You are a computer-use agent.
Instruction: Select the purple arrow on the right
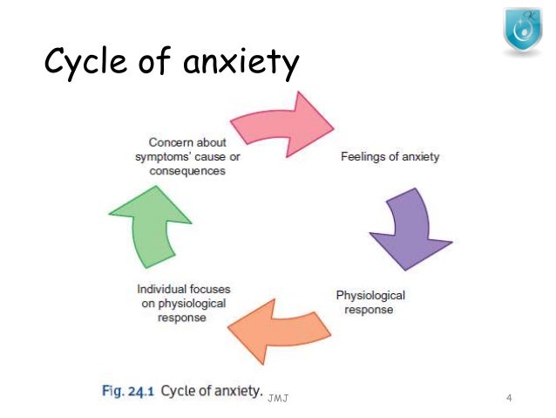[x=406, y=229]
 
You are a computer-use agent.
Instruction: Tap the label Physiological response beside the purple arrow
[x=370, y=303]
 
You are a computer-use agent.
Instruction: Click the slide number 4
[x=509, y=399]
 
